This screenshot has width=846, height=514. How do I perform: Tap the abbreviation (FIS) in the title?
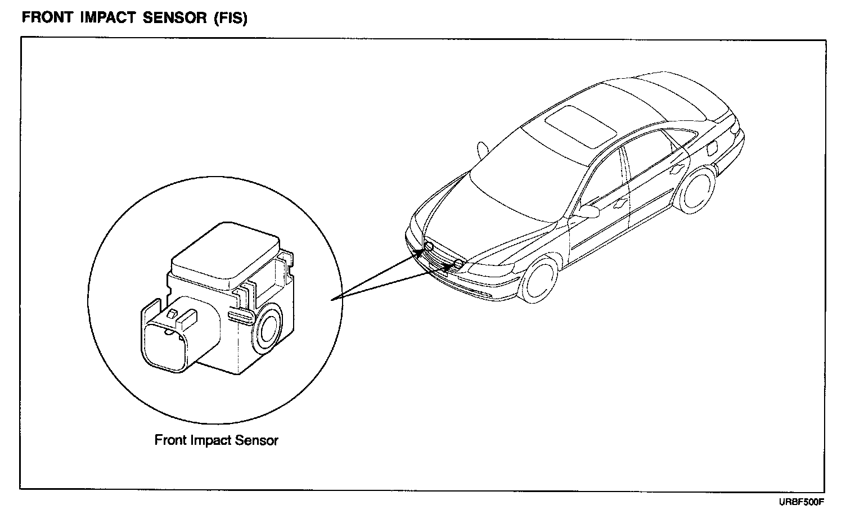pos(230,17)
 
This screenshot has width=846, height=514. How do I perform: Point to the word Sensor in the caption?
pos(257,440)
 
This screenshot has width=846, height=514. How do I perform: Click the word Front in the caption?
pos(170,440)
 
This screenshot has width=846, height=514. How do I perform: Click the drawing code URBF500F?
pos(801,501)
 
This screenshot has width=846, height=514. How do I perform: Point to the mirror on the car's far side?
pos(482,149)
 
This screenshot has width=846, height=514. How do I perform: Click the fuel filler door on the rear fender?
pos(712,150)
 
